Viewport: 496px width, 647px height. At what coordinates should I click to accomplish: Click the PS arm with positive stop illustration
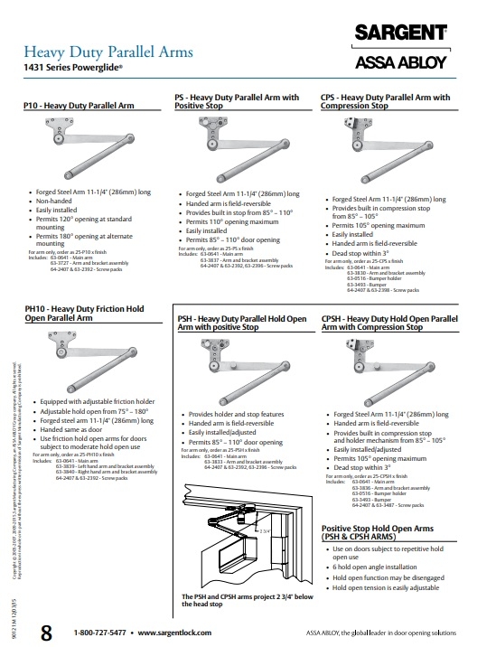click(x=242, y=145)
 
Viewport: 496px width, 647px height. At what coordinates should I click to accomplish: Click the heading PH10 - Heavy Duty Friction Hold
click(x=83, y=310)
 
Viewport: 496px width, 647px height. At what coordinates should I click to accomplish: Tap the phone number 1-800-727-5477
click(x=99, y=633)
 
